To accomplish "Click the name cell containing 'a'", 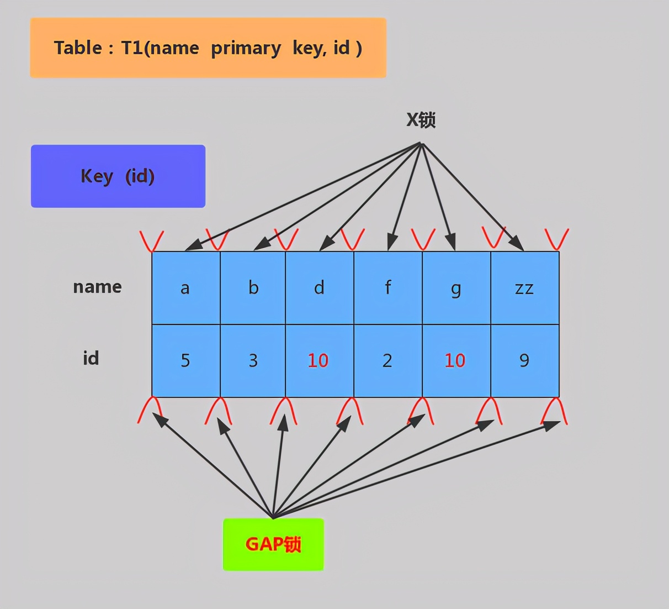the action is pyautogui.click(x=186, y=288).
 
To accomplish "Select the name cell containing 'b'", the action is pyautogui.click(x=253, y=288).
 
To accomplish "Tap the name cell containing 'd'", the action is pyautogui.click(x=320, y=288).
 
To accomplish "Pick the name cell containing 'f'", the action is pyautogui.click(x=388, y=288).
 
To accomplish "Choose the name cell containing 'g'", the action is pyautogui.click(x=456, y=288).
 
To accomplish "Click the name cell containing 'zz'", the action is pyautogui.click(x=525, y=288).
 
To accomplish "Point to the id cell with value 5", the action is pyautogui.click(x=186, y=360).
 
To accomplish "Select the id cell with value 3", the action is pyautogui.click(x=253, y=360).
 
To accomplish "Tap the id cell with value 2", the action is pyautogui.click(x=388, y=360).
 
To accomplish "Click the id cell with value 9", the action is pyautogui.click(x=525, y=360).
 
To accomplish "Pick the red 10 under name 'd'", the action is pyautogui.click(x=318, y=360).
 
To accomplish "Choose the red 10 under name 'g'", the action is pyautogui.click(x=455, y=360).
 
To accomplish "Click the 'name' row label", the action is pyautogui.click(x=97, y=287).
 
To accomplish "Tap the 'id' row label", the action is pyautogui.click(x=91, y=358).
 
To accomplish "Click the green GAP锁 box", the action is pyautogui.click(x=273, y=544).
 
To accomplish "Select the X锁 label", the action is pyautogui.click(x=421, y=119).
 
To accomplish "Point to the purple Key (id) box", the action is pyautogui.click(x=118, y=176).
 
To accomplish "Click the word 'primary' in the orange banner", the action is pyautogui.click(x=246, y=49).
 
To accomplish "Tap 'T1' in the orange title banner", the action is pyautogui.click(x=132, y=48).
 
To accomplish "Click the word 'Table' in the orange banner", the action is pyautogui.click(x=78, y=48).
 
